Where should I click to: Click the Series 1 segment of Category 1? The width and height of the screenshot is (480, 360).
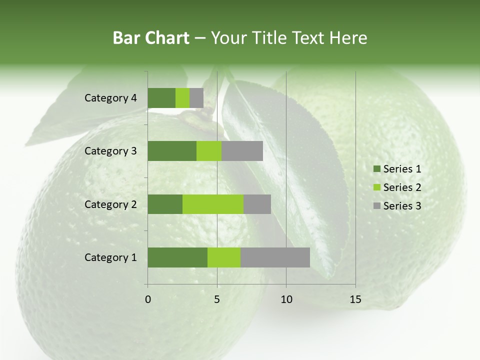(177, 257)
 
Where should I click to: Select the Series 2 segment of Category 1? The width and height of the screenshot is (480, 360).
(224, 257)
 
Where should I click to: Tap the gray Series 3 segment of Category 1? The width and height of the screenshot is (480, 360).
(275, 257)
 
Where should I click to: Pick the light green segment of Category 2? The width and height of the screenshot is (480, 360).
(213, 204)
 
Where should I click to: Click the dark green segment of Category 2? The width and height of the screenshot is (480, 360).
(165, 204)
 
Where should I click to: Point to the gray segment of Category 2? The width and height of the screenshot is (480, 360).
(257, 204)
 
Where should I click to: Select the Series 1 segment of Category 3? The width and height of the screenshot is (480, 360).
(172, 151)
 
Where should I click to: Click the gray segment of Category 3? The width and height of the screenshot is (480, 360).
(242, 151)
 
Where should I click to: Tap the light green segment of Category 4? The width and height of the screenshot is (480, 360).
(182, 98)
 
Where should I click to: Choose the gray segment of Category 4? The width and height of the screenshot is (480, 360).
(196, 98)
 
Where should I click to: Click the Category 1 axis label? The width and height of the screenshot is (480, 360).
(110, 257)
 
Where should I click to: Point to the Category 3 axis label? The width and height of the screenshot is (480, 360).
(110, 151)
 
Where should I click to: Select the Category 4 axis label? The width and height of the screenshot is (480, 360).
(110, 98)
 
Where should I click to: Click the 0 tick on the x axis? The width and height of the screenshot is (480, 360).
(148, 299)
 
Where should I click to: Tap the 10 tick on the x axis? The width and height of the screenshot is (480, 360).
(286, 299)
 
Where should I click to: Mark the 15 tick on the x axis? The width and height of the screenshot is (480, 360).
(355, 299)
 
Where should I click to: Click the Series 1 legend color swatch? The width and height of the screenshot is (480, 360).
(376, 169)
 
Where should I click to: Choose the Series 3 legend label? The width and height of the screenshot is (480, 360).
(402, 206)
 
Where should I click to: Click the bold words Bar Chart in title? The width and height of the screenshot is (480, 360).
(151, 38)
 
